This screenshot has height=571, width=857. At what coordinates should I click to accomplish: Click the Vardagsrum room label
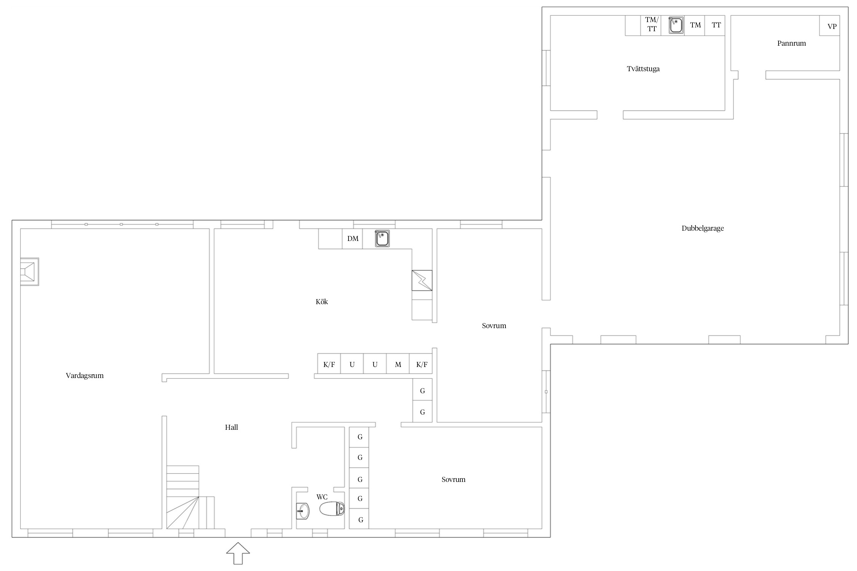[85, 376]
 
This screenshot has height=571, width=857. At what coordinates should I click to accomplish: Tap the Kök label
[322, 302]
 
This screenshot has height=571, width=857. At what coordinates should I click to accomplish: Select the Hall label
[232, 427]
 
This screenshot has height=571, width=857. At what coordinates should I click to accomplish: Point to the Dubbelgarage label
[703, 228]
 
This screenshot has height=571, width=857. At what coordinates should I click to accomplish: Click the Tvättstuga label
[643, 69]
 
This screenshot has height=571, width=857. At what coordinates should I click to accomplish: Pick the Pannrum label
[791, 43]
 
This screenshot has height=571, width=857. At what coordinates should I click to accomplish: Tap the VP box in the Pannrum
[830, 26]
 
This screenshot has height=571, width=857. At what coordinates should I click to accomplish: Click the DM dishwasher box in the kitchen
[352, 239]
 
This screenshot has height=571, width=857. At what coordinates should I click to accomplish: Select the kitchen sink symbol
[382, 239]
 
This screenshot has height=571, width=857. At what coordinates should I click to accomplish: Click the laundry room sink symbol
[676, 26]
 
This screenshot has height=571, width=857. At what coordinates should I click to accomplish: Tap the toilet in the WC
[332, 509]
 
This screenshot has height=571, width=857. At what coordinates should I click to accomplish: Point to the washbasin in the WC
[303, 511]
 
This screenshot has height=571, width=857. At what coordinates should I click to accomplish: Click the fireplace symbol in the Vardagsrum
[29, 272]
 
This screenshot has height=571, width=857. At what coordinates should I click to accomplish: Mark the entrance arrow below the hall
[238, 553]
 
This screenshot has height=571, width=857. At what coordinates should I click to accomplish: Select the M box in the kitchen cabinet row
[398, 364]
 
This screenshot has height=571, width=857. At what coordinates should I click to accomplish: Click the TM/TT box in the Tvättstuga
[651, 26]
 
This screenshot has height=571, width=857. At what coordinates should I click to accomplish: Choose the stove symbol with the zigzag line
[422, 281]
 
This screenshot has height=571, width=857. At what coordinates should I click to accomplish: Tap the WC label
[322, 497]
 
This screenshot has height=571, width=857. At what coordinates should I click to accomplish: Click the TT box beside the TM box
[715, 26]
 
